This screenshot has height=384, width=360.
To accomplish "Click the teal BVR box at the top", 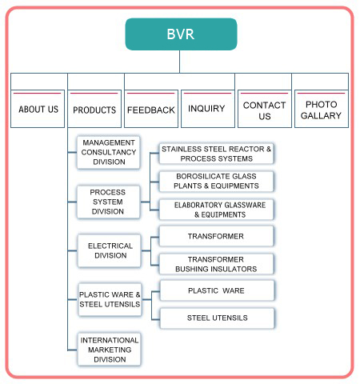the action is pyautogui.click(x=181, y=34).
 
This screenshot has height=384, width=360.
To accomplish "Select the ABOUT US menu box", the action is pyautogui.click(x=38, y=109).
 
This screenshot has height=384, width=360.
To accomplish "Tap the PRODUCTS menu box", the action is pyautogui.click(x=94, y=109).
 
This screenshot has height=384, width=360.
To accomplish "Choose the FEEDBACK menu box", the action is pyautogui.click(x=151, y=109).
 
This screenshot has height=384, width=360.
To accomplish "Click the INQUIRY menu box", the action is pyautogui.click(x=208, y=109).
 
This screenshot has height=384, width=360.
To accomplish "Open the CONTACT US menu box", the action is pyautogui.click(x=265, y=109).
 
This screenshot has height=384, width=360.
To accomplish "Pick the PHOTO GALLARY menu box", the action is pyautogui.click(x=322, y=109).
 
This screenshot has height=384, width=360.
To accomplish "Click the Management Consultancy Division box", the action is pyautogui.click(x=109, y=152).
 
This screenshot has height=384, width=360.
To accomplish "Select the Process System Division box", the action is pyautogui.click(x=108, y=202).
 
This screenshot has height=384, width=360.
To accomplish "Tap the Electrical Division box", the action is pyautogui.click(x=110, y=250).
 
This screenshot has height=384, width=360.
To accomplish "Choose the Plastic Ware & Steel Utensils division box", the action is pyautogui.click(x=110, y=299).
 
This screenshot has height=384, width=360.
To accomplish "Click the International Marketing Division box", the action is pyautogui.click(x=110, y=350).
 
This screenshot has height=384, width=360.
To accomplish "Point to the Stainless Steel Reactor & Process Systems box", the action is pyautogui.click(x=216, y=154).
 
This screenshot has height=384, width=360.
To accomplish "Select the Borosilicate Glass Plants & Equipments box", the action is pyautogui.click(x=216, y=182).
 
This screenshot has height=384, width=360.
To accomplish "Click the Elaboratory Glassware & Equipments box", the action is pyautogui.click(x=216, y=210).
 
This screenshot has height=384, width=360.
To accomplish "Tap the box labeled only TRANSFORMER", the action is pyautogui.click(x=216, y=236).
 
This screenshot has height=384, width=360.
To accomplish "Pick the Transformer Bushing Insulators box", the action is pyautogui.click(x=216, y=264).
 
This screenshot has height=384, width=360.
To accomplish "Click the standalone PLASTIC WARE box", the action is pyautogui.click(x=217, y=290).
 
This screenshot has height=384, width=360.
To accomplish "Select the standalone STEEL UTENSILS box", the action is pyautogui.click(x=217, y=318).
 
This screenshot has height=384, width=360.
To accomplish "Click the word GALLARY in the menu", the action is pyautogui.click(x=321, y=115).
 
